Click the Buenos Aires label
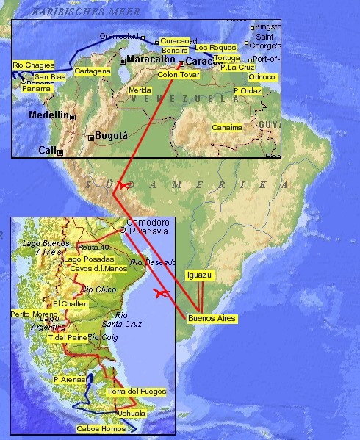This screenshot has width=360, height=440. click(212, 318)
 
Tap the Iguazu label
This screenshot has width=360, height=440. click(199, 275)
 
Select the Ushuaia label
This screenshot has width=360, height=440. click(132, 413)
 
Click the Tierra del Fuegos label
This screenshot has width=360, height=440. click(136, 392)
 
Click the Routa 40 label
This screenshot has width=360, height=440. click(93, 247)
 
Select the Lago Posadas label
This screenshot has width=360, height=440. click(88, 259)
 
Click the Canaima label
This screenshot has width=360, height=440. click(226, 127)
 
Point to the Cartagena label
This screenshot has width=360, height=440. click(93, 71)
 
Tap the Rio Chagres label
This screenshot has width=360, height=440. click(33, 65)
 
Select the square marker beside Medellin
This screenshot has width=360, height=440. click(73, 116)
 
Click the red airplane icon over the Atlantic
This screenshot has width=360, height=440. click(160, 293)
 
